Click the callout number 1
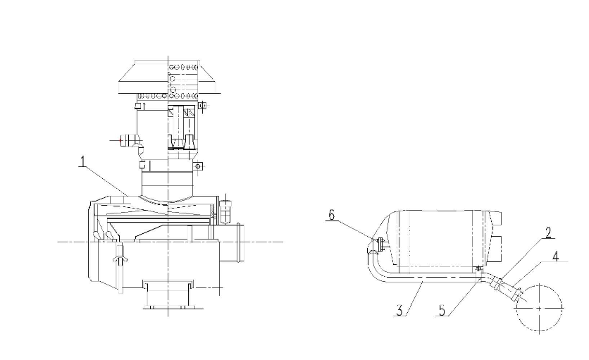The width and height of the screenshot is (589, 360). (x=82, y=161)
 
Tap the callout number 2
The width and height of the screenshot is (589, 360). (x=549, y=232)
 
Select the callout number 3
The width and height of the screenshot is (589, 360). (x=399, y=311)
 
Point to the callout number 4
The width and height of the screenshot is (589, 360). (x=556, y=256)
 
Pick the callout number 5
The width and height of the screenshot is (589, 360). (x=442, y=311)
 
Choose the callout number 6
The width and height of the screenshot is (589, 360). (x=331, y=216)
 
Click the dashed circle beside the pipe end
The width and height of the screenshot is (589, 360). (x=540, y=308)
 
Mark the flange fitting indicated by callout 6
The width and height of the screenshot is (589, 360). (x=380, y=244)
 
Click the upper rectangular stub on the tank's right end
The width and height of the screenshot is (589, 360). (x=496, y=218)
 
